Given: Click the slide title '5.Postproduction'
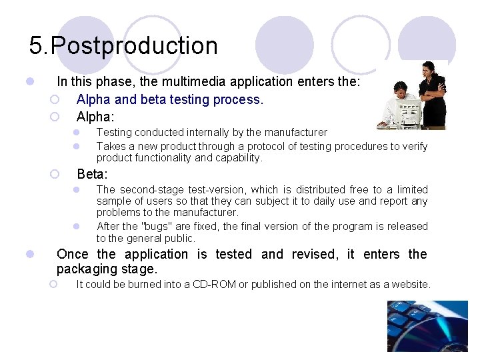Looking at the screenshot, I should click(123, 46).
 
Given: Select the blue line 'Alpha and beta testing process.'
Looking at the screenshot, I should click(170, 100).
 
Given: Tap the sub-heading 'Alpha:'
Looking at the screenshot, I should click(95, 117).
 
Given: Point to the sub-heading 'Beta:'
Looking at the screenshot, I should click(92, 175).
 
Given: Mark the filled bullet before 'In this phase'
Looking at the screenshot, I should click(29, 82).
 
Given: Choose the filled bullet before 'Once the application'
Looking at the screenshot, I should click(29, 254).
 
